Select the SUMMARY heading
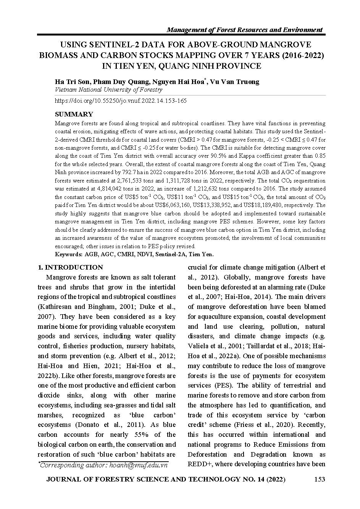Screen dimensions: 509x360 click(74, 114)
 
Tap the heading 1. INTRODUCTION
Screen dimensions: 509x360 click(70, 267)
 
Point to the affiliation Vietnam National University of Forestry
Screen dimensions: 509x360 click(109, 90)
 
